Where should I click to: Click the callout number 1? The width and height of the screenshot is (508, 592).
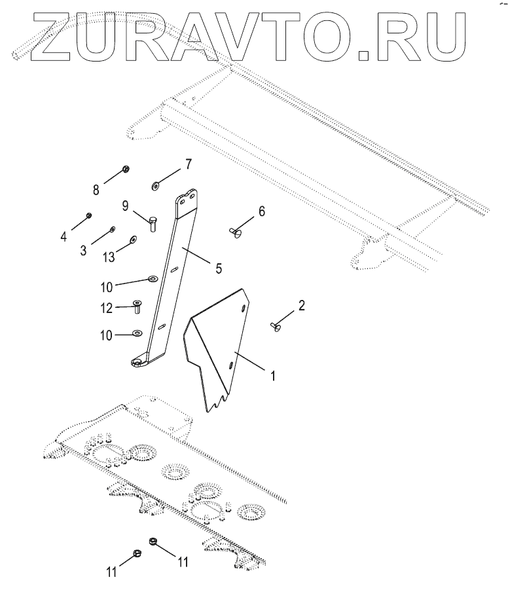(x=273, y=377)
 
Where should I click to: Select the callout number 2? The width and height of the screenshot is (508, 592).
(x=301, y=305)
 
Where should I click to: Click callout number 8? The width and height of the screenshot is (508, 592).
(x=96, y=190)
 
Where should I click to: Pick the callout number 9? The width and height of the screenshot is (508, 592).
(x=124, y=206)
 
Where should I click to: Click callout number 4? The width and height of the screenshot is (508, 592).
(x=63, y=236)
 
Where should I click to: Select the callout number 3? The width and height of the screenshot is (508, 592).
(x=83, y=251)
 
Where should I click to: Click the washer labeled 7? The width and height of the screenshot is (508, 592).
(x=155, y=186)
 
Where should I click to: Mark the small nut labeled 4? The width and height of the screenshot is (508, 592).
(x=88, y=215)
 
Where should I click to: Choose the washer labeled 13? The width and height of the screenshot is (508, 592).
(x=133, y=240)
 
